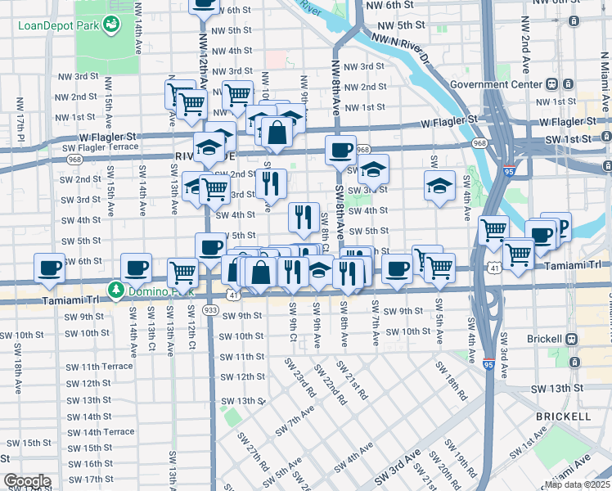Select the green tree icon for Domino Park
click(116, 290)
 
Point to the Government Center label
click(496, 83)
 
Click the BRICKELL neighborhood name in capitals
click(563, 417)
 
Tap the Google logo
click(27, 481)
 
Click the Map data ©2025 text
click(576, 484)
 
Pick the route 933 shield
click(211, 311)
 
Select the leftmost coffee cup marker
click(50, 268)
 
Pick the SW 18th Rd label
click(457, 382)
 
